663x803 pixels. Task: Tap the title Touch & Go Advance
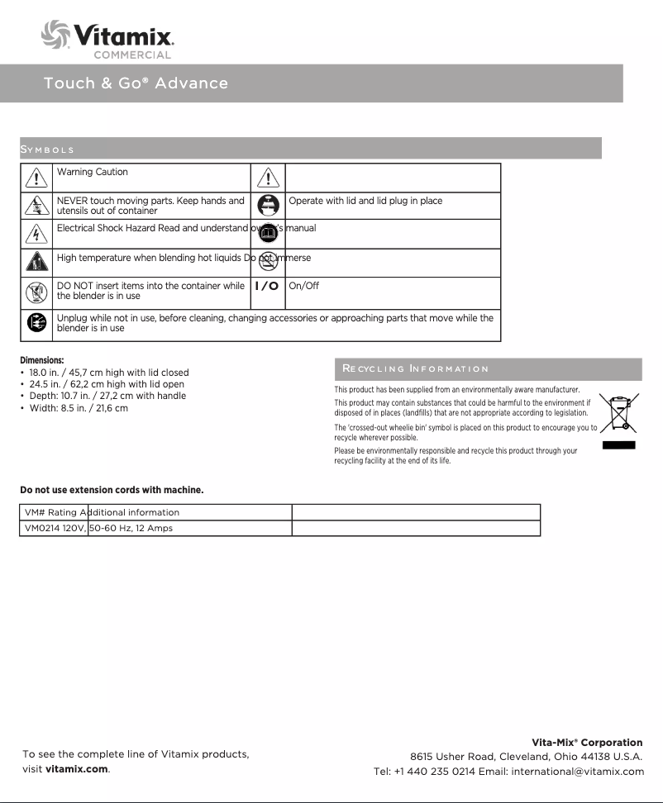136,83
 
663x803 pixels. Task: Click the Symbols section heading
47,150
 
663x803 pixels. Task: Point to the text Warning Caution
93,173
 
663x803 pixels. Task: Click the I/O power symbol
266,286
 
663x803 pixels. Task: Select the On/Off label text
303,286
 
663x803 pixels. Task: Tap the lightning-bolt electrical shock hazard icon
36,234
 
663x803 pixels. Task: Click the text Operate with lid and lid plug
365,201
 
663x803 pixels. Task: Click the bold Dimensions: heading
42,360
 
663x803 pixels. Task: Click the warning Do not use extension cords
112,490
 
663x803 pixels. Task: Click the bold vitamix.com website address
77,769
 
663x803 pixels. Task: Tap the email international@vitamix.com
577,772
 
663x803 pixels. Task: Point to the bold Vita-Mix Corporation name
586,743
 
